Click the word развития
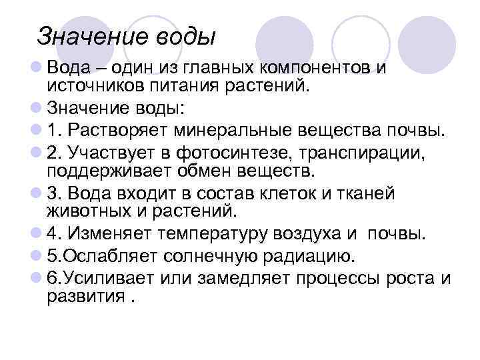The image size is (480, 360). [x=85, y=296]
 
